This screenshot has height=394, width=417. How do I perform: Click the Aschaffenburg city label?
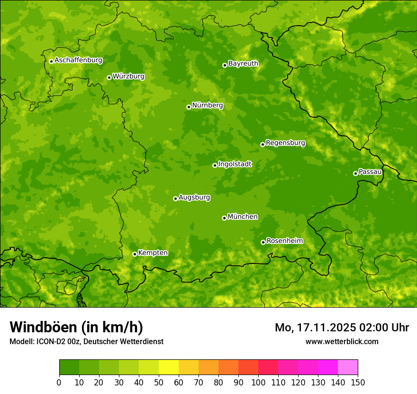78,60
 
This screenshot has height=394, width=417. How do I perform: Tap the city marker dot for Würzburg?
109,77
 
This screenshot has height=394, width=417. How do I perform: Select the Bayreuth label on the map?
243,64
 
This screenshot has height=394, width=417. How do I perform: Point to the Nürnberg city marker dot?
189,107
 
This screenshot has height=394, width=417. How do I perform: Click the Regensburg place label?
285,143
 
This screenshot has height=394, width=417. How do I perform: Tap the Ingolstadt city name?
235,164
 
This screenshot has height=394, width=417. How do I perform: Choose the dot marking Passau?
355,173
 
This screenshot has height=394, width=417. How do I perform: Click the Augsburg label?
194,197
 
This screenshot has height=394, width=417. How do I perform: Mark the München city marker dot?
224,218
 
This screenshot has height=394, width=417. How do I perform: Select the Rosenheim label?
284,241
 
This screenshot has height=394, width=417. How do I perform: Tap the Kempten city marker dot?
135,254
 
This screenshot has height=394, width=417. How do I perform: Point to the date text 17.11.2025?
326,328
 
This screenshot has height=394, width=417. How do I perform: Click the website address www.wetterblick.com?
342,341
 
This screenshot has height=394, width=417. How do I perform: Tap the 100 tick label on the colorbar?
258,382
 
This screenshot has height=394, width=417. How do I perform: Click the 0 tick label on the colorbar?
59,382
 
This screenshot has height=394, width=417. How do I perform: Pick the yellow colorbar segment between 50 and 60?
169,367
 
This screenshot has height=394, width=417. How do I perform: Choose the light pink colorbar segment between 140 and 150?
348,367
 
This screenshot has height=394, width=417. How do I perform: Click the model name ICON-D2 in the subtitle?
49,341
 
